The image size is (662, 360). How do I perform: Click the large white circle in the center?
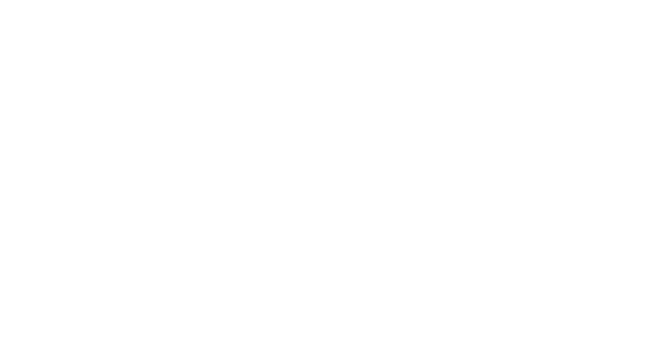click(x=395, y=164)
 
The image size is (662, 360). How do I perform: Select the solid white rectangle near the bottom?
click(x=168, y=327)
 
